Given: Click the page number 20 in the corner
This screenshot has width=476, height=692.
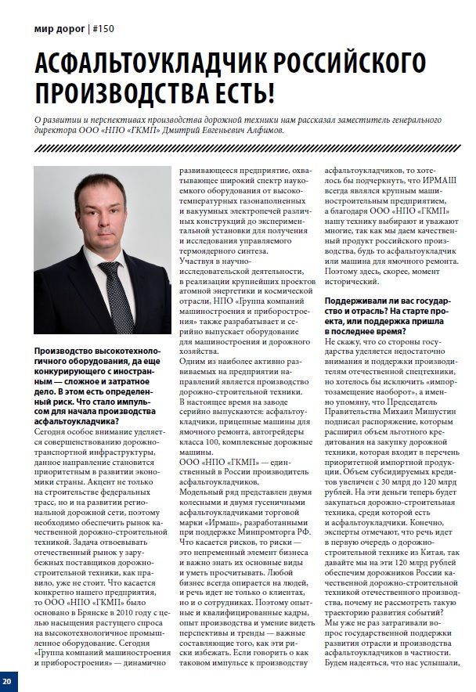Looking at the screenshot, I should pos(7,678).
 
